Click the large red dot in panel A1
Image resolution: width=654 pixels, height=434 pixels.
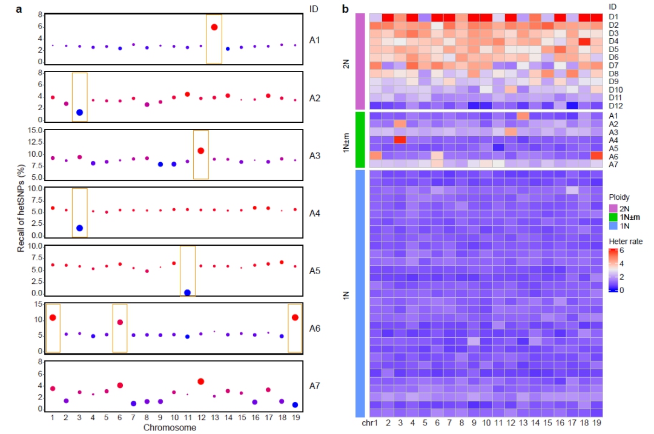point(214,27)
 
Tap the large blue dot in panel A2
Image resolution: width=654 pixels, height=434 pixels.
point(80,113)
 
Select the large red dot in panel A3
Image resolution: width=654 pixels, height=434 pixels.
point(201,151)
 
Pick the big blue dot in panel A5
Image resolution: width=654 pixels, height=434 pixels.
point(187,293)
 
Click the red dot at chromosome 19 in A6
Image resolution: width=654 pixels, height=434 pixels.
point(295,317)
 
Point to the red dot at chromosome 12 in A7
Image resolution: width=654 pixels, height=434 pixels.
point(201,381)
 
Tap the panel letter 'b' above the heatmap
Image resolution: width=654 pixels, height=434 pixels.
point(346,8)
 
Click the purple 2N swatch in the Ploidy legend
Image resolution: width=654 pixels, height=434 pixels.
point(613,208)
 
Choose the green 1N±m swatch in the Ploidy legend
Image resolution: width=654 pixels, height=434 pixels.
point(613,217)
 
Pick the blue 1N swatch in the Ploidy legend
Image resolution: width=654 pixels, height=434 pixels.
point(613,226)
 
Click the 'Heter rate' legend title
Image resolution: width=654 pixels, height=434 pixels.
point(626,241)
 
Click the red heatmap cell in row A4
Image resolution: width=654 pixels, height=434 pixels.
point(400,140)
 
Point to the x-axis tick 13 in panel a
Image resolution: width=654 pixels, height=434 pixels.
point(214,419)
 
